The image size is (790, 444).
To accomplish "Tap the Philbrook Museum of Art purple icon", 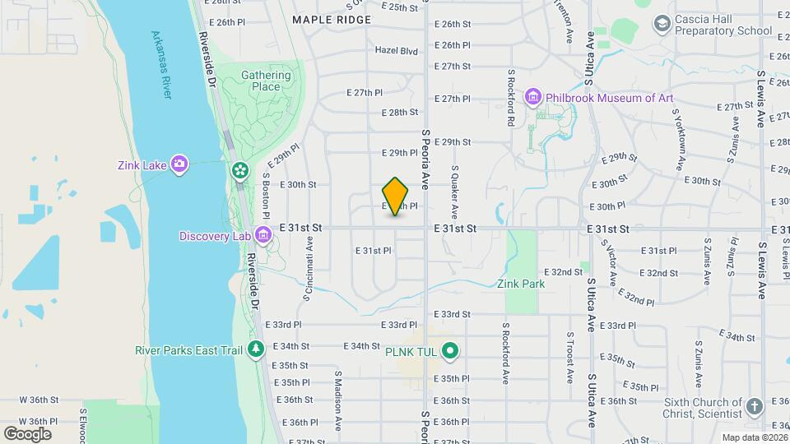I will [532, 98].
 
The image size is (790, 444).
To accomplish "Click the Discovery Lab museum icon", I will [263, 236].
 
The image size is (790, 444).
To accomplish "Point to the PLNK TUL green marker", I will [449, 351].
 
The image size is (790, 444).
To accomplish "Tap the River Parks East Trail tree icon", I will [256, 350].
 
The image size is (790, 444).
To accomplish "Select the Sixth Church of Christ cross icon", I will [755, 406].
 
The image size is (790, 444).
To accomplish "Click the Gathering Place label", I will [266, 81].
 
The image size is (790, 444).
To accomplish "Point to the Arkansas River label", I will [162, 65].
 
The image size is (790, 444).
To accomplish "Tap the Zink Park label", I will [521, 284].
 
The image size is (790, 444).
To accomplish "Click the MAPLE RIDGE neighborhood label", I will [332, 19].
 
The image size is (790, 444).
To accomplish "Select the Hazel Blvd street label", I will [397, 50].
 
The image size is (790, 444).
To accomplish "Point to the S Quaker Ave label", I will [453, 191].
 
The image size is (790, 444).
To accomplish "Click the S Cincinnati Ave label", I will [309, 268].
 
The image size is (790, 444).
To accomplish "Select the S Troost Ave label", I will [569, 358].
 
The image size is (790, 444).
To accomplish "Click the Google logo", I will [27, 433].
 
